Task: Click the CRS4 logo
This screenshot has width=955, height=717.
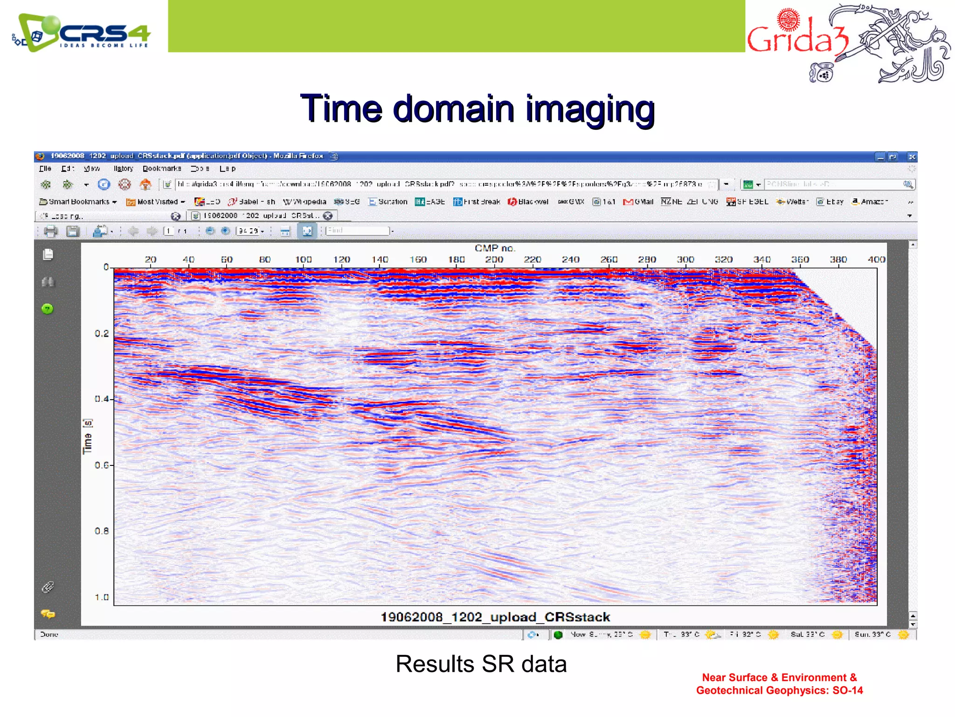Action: point(82,33)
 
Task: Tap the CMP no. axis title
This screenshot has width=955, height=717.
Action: point(495,248)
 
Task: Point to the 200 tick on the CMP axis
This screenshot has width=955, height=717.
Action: point(494,259)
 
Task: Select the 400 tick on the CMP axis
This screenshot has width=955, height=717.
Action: point(876,259)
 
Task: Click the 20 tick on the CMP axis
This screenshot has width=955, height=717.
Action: point(150,259)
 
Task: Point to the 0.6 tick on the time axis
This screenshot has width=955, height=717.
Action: point(102,465)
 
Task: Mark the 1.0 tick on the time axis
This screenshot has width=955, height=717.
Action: point(102,597)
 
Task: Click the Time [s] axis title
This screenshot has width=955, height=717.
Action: point(87,436)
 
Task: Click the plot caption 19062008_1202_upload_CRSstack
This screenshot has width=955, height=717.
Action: point(495,617)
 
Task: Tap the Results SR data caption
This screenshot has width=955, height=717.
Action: point(481,663)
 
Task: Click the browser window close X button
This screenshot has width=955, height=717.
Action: point(912,157)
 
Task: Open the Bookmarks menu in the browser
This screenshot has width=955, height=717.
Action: point(161,169)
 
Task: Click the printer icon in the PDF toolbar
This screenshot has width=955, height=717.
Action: point(50,231)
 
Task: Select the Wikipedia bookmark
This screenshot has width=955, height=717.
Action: point(305,202)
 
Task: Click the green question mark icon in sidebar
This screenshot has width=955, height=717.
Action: point(48,309)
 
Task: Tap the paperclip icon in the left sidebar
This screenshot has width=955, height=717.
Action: point(48,587)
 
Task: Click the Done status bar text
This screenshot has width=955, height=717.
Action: point(49,634)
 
